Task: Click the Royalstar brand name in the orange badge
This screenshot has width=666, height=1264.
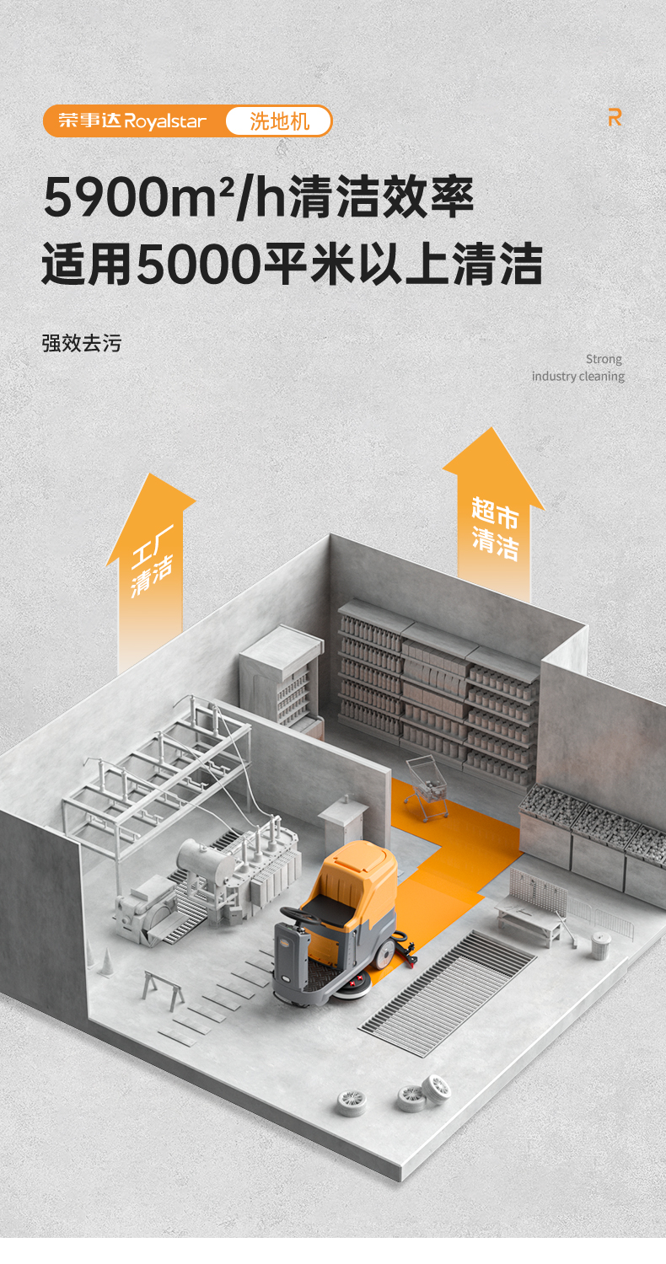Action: pos(165,121)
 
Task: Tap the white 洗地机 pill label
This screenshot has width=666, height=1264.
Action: pos(279,121)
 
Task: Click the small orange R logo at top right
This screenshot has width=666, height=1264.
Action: pos(615,118)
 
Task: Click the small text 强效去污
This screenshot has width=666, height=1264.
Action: pos(81,343)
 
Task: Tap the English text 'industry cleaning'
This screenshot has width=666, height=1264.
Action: pos(577,376)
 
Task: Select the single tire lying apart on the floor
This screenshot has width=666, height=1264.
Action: pos(352,1103)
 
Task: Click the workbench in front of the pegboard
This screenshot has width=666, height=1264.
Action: pos(529,919)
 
